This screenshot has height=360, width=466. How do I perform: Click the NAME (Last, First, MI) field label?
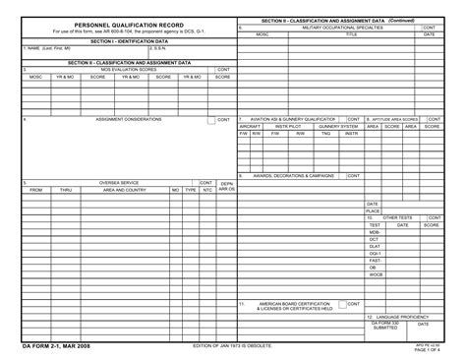43,48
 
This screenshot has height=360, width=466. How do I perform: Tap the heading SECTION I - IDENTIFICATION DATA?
129,41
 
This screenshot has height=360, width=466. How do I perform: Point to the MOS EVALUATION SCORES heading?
128,70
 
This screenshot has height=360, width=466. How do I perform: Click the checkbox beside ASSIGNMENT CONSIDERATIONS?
211,120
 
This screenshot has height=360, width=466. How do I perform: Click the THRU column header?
66,190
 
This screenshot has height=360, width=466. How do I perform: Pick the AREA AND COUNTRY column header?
125,190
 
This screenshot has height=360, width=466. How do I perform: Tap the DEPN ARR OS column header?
225,186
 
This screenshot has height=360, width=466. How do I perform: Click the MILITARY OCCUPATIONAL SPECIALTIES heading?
343,29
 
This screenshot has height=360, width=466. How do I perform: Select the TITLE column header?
351,34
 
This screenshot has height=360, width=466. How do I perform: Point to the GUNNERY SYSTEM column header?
337,126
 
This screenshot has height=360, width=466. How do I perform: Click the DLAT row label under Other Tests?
374,246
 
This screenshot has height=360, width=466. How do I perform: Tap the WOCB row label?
375,274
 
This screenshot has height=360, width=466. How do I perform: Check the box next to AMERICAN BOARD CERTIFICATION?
340,304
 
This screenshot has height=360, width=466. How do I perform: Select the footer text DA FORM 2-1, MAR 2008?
44,347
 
